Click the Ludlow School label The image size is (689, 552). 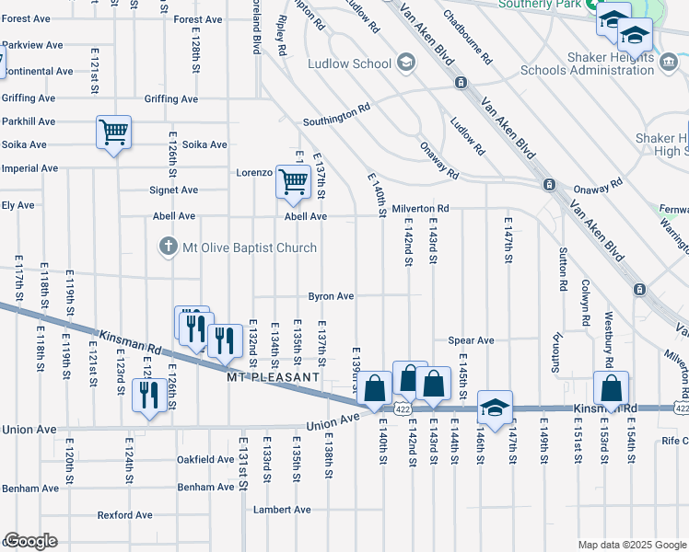[x=353, y=63]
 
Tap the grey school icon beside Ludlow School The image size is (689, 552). [x=404, y=63]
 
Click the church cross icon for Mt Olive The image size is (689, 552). [x=167, y=247]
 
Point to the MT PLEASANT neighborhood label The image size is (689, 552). [x=274, y=377]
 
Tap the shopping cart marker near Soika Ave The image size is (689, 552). [x=113, y=133]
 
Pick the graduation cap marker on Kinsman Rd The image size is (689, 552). [x=495, y=407]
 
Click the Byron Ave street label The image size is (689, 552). [x=331, y=296]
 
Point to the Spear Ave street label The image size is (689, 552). [x=471, y=340]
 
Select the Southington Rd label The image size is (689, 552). [x=337, y=121]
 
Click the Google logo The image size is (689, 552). [x=29, y=541]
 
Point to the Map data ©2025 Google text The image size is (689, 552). [x=631, y=545]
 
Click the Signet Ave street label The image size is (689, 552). [x=174, y=190]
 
